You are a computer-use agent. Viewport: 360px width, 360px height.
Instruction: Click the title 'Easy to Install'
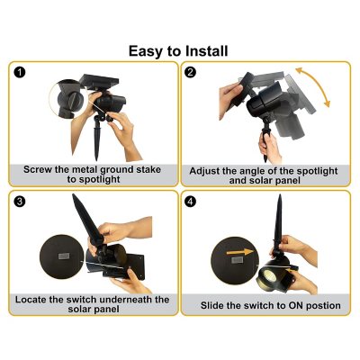click(x=178, y=50)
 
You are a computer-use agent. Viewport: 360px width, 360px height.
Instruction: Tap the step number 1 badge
click(x=20, y=73)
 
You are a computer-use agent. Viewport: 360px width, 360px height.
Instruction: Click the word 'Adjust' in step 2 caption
click(x=210, y=168)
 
